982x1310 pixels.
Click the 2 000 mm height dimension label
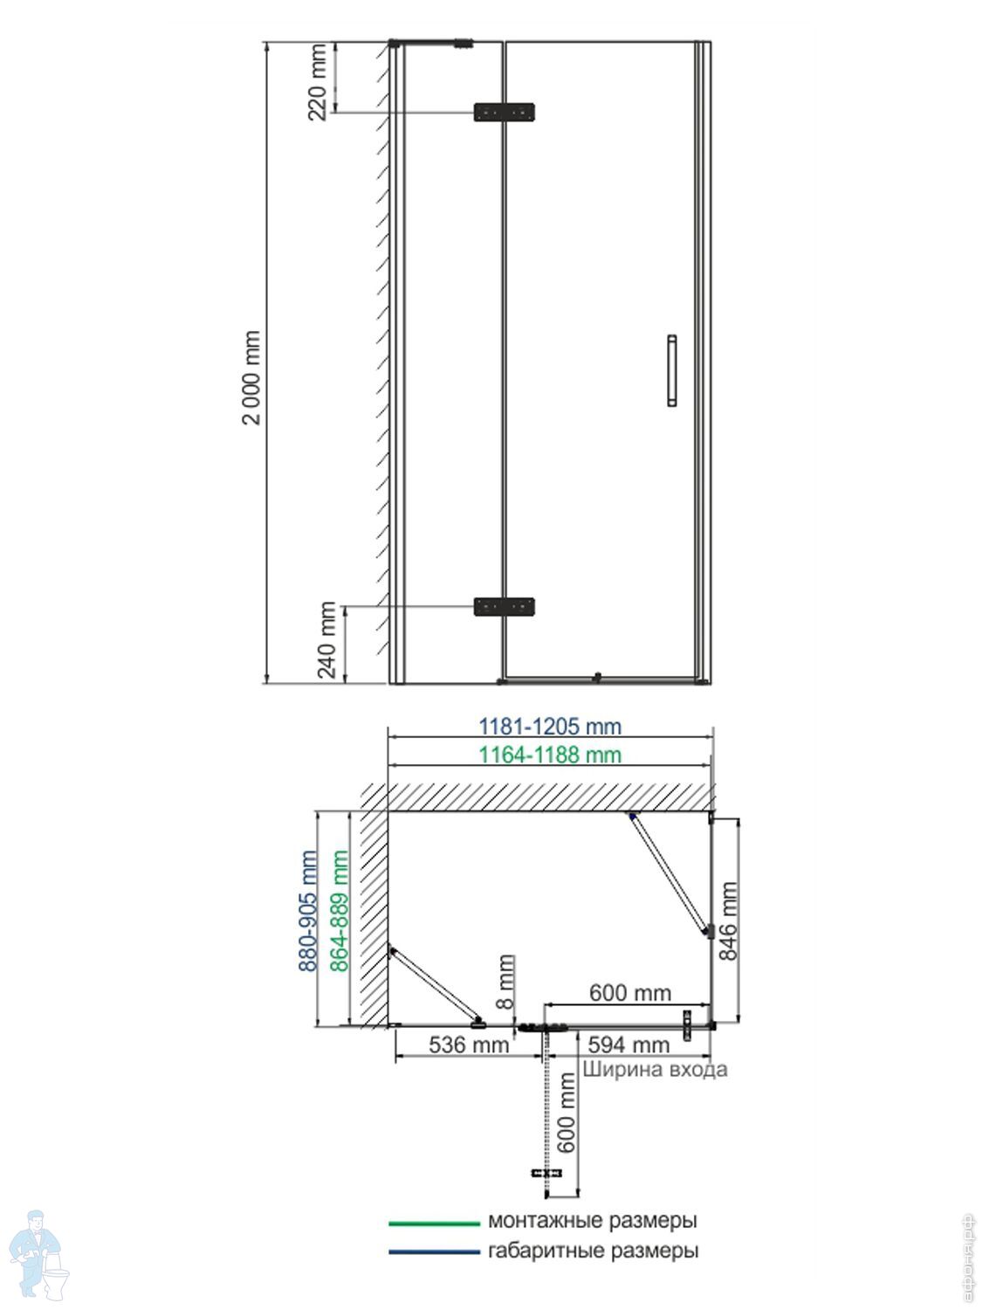(x=251, y=377)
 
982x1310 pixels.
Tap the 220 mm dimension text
(x=318, y=82)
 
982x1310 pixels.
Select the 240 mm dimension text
(x=327, y=640)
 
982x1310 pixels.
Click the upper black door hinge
(x=504, y=112)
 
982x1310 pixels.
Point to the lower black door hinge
(x=504, y=606)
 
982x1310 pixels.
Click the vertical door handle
(x=672, y=370)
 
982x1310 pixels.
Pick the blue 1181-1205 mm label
(x=550, y=727)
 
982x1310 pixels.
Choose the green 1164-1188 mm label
(x=550, y=755)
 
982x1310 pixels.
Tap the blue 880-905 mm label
(x=307, y=912)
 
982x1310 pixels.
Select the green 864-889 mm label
(x=339, y=912)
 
